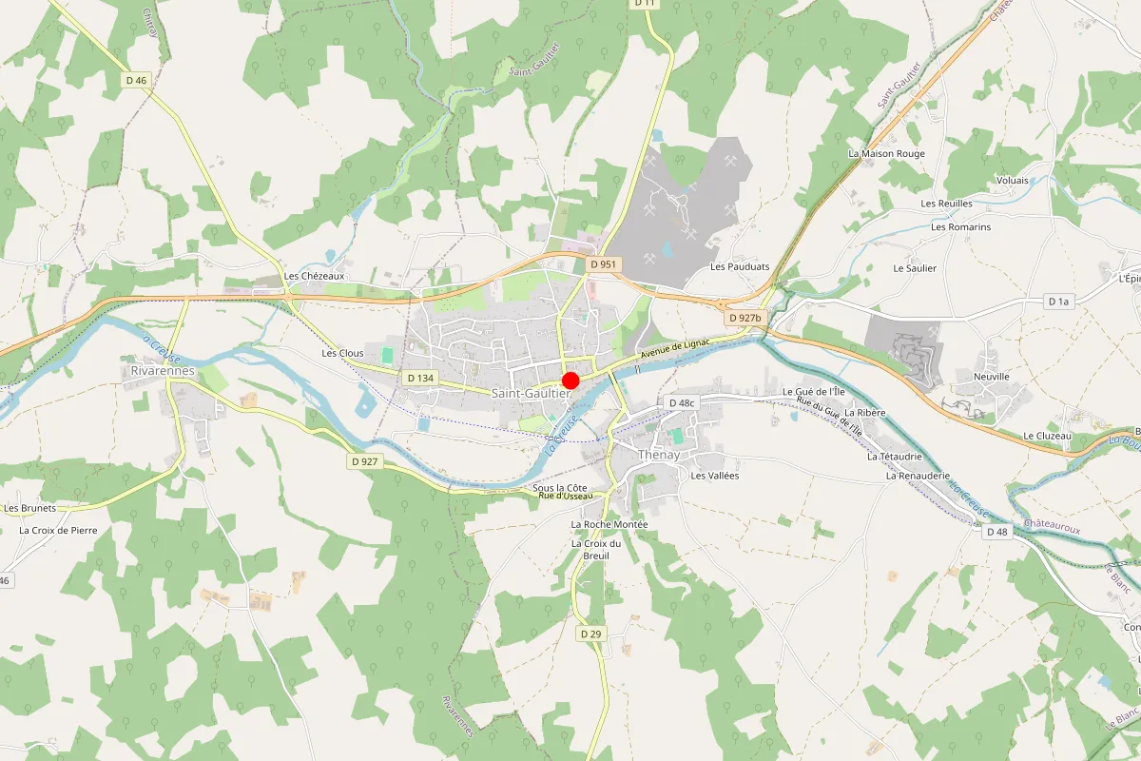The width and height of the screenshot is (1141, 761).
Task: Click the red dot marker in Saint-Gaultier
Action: tap(570, 380)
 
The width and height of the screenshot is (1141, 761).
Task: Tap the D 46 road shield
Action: tap(136, 81)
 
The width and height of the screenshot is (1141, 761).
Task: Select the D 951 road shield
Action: tap(603, 264)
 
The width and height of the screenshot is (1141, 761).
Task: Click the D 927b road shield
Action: tap(744, 318)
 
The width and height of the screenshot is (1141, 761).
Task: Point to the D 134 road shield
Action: tap(419, 378)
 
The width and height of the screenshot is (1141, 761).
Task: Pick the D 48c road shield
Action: tap(683, 403)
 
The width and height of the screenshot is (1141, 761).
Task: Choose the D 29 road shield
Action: tap(590, 634)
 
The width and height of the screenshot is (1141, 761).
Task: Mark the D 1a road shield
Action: tap(1058, 302)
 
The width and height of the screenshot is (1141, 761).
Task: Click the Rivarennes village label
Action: tap(163, 371)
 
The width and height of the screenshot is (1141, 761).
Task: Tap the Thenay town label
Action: tap(659, 456)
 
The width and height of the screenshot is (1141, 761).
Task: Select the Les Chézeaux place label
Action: tap(314, 277)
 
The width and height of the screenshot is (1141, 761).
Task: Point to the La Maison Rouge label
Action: tap(886, 153)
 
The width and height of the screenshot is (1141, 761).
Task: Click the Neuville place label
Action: tap(992, 377)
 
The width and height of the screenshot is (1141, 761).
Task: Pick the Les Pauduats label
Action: tap(740, 267)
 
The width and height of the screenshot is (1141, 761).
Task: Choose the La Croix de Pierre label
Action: tap(58, 530)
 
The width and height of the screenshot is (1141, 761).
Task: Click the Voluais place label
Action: tap(1012, 180)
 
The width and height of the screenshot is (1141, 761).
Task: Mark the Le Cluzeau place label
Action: tap(1047, 436)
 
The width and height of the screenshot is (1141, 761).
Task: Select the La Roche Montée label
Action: tap(609, 524)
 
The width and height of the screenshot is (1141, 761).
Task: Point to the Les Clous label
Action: tap(342, 353)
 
